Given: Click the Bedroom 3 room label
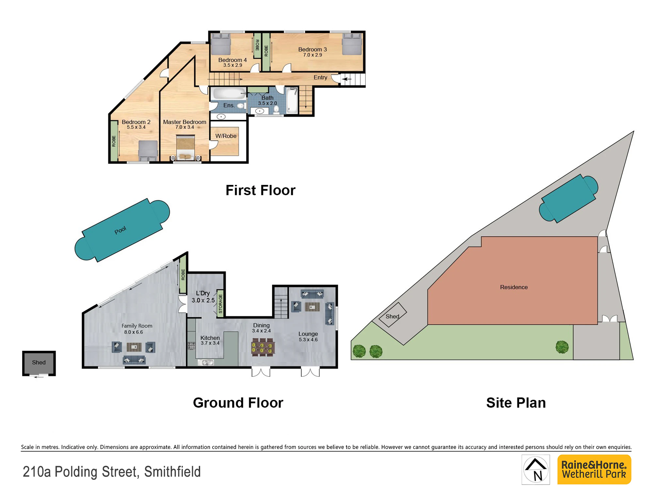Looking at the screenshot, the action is click(312, 49).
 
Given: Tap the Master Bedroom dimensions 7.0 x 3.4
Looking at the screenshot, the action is click(185, 127).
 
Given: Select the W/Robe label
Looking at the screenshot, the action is click(226, 136).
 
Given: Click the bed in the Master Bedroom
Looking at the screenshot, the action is click(185, 148).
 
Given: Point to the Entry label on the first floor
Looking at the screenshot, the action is click(320, 77).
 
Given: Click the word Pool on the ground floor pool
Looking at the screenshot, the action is click(120, 230).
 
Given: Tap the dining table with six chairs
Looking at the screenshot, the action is click(262, 347).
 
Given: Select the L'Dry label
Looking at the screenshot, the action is click(203, 293).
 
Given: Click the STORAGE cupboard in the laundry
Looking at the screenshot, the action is click(220, 304).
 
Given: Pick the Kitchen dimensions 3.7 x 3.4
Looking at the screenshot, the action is click(210, 343).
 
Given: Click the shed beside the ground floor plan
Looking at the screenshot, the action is click(39, 363).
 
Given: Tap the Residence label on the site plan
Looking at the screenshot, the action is click(514, 287).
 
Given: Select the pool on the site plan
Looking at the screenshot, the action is click(568, 198).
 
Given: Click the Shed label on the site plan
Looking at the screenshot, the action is click(392, 317).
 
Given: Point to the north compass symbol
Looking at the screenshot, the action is click(536, 469).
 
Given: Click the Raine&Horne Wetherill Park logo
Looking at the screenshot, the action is click(594, 469).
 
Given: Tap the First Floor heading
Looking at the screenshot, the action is click(261, 190).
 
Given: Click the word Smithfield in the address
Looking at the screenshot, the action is click(172, 472).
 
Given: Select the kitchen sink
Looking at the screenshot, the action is click(206, 362).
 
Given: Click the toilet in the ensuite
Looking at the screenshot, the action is click(241, 106).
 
